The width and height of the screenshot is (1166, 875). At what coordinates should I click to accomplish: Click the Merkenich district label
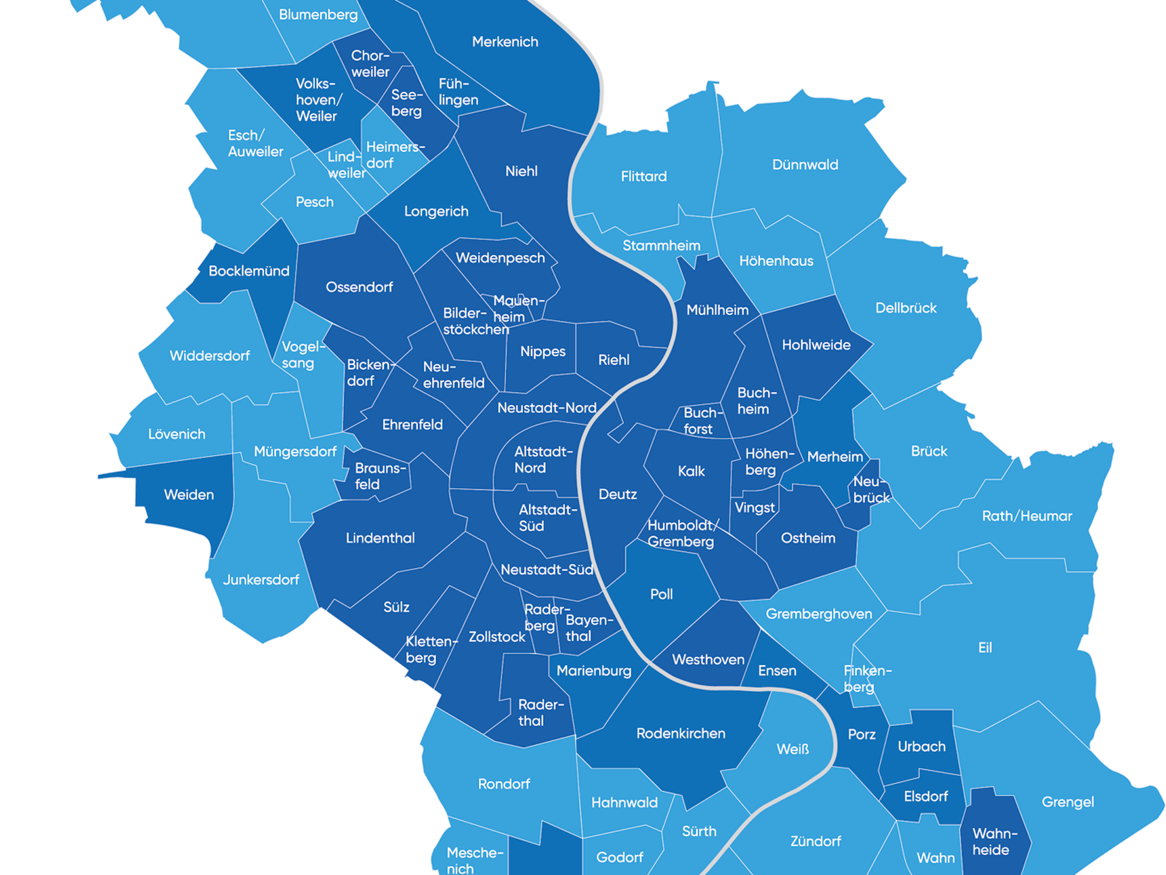pyautogui.click(x=505, y=42)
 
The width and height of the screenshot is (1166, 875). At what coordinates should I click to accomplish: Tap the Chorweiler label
pyautogui.click(x=370, y=64)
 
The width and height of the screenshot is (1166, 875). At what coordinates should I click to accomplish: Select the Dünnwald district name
pyautogui.click(x=805, y=165)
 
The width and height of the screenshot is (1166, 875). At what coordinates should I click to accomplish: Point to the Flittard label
pyautogui.click(x=644, y=176)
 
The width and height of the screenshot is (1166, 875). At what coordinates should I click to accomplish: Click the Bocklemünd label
pyautogui.click(x=249, y=271)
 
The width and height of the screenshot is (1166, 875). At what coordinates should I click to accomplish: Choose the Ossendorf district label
pyautogui.click(x=359, y=287)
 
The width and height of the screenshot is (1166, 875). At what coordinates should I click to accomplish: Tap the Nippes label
pyautogui.click(x=543, y=352)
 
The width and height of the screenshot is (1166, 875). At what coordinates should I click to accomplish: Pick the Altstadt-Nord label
pyautogui.click(x=543, y=460)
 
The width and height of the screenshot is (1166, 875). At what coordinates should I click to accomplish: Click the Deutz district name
pyautogui.click(x=617, y=495)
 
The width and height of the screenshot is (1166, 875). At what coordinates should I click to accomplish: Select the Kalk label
pyautogui.click(x=691, y=471)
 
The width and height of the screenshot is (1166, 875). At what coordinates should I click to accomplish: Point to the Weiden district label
pyautogui.click(x=189, y=495)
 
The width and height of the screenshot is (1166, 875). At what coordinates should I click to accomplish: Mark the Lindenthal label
pyautogui.click(x=380, y=538)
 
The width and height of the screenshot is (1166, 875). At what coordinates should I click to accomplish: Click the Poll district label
pyautogui.click(x=661, y=594)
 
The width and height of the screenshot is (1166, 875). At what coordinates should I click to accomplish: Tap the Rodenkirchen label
pyautogui.click(x=680, y=733)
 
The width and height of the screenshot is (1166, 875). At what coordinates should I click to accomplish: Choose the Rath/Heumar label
pyautogui.click(x=1027, y=516)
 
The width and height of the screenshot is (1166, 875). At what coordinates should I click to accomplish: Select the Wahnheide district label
pyautogui.click(x=994, y=842)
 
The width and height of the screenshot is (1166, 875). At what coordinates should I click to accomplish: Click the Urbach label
pyautogui.click(x=921, y=747)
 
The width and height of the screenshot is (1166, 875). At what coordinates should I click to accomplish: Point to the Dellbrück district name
pyautogui.click(x=906, y=308)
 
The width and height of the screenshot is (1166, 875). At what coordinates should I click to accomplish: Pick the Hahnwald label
pyautogui.click(x=624, y=803)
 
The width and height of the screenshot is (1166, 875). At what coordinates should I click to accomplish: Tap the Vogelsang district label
pyautogui.click(x=300, y=355)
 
